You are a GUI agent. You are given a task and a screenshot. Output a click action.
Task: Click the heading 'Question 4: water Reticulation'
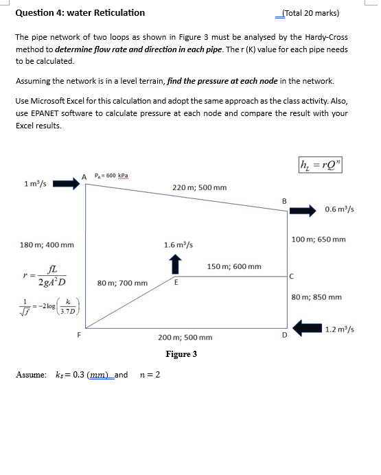coord(80,12)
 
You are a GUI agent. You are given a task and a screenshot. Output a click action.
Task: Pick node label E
coord(176,281)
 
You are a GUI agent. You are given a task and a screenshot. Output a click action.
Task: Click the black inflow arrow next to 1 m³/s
coord(67,183)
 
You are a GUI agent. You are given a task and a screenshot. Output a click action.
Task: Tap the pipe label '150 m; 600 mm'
coord(233,266)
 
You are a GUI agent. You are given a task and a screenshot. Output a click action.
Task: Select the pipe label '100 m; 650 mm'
coord(319,240)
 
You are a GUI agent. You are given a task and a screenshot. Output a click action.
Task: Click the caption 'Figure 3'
coord(181,354)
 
